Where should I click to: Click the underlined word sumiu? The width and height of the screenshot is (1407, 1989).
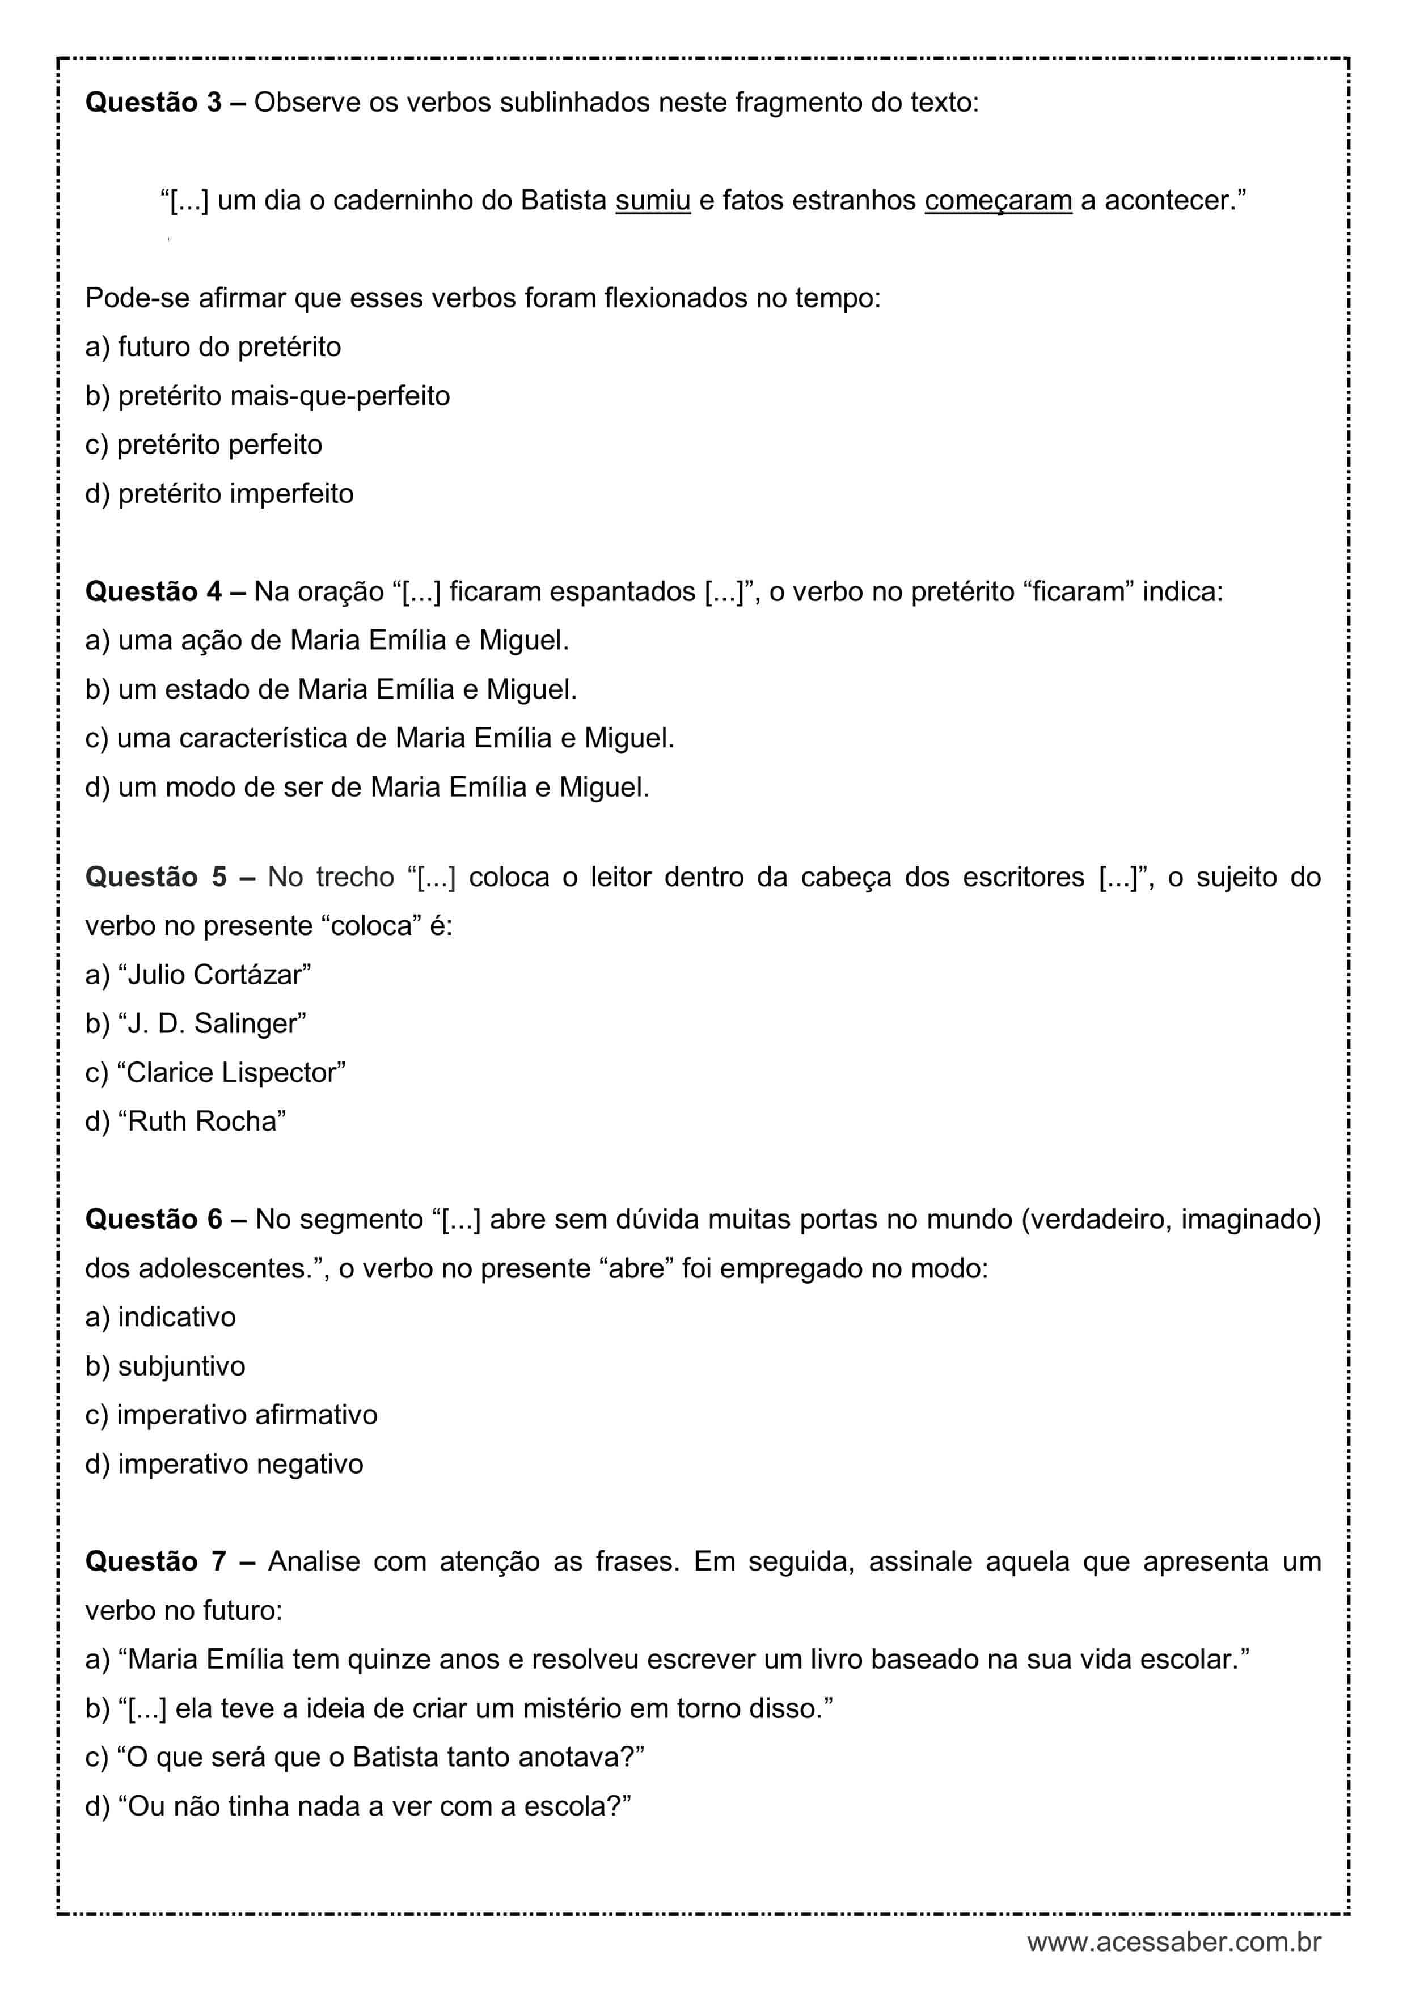652,201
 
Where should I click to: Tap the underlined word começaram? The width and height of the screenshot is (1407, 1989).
998,201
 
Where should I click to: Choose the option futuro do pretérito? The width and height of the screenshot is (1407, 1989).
213,346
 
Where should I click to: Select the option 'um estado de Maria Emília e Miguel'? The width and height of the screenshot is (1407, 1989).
331,689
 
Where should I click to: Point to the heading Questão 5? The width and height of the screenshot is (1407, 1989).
156,877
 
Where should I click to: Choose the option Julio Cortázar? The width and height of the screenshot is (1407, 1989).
198,975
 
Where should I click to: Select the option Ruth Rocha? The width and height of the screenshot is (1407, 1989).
186,1121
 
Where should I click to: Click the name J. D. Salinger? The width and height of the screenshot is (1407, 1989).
196,1023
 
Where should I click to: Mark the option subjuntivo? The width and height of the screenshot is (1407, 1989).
166,1366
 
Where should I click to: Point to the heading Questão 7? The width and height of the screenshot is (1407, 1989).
156,1561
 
